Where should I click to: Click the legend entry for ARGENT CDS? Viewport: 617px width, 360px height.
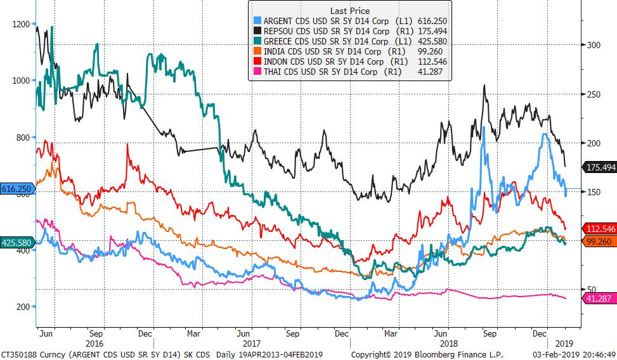(x=351, y=21)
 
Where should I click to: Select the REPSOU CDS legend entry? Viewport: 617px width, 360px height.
(x=351, y=31)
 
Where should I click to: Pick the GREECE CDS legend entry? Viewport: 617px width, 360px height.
(x=351, y=41)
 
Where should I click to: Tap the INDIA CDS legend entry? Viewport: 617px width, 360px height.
(x=351, y=51)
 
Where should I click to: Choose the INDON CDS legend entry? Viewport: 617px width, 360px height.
(x=351, y=61)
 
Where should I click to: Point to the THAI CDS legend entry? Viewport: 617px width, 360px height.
(x=351, y=72)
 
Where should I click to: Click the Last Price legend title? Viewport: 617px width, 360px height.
(x=350, y=11)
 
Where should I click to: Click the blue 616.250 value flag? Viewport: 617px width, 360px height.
(x=16, y=189)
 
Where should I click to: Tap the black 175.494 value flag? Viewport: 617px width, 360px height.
(x=599, y=167)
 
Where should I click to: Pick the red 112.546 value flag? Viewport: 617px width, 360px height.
(x=599, y=229)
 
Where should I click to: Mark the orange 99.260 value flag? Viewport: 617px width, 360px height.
(x=599, y=241)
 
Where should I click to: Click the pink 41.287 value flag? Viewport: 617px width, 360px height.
(x=599, y=298)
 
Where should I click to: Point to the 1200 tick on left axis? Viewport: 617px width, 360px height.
(x=20, y=24)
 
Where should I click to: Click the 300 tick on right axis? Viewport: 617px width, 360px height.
(x=592, y=45)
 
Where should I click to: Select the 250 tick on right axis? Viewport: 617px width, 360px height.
(x=592, y=94)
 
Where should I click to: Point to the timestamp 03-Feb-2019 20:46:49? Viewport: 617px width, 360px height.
(x=575, y=354)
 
